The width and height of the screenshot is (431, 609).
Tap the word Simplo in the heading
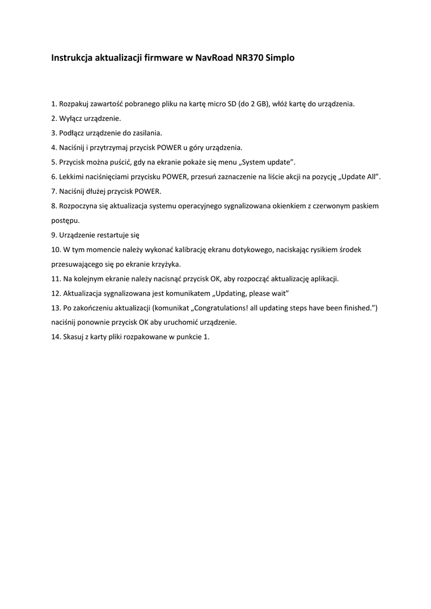(280, 58)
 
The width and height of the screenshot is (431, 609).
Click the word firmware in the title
(164, 58)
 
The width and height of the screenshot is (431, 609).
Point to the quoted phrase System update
(269, 162)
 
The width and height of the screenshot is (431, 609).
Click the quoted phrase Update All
(360, 177)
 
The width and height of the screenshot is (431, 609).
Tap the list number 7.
(54, 192)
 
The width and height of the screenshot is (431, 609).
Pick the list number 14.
(56, 337)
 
